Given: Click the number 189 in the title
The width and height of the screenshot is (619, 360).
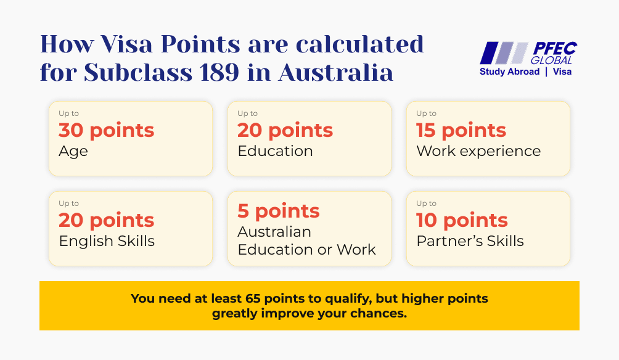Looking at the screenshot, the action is click(219, 72).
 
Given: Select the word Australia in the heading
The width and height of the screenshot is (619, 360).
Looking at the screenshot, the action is click(336, 72).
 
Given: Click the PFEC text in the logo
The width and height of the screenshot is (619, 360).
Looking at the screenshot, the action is click(555, 49).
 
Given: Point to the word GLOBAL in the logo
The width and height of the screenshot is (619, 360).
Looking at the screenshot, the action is click(551, 60).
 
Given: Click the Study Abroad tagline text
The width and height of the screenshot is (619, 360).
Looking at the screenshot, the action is click(509, 72).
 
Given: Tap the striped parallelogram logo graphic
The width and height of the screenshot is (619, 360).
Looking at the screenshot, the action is click(504, 53).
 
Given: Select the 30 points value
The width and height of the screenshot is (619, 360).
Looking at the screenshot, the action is click(106, 131).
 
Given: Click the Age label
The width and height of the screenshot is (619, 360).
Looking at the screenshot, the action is click(73, 152).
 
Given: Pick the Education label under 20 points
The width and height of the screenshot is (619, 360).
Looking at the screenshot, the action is click(275, 151).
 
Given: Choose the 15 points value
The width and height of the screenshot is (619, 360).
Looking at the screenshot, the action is click(461, 131).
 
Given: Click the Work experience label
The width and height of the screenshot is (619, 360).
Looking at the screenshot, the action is click(478, 151).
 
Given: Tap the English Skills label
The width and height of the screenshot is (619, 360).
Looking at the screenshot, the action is click(107, 241).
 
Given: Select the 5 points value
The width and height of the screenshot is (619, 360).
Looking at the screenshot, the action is click(278, 211).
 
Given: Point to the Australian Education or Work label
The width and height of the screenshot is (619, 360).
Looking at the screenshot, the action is click(307, 241).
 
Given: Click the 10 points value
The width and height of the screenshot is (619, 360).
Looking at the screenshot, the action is click(462, 220).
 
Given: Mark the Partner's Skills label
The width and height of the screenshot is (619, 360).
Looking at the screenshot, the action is click(470, 241).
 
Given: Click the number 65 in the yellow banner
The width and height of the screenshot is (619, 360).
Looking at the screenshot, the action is click(253, 298).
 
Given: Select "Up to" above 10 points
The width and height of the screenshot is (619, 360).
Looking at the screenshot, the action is click(427, 203).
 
